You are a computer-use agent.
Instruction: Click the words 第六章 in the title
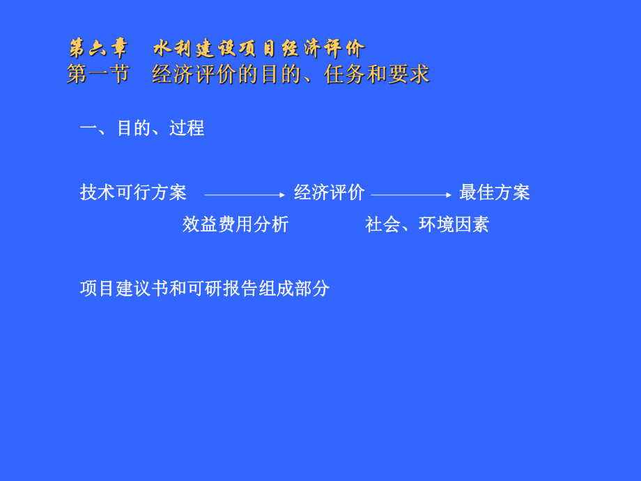[98, 49]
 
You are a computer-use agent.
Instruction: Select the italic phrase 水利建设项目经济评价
[258, 49]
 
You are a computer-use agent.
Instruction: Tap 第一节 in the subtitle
[98, 74]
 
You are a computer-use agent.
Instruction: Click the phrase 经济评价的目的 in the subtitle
[215, 74]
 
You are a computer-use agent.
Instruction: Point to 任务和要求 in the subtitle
[377, 74]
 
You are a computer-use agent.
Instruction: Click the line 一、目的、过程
[142, 128]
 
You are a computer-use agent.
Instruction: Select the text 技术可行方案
[133, 192]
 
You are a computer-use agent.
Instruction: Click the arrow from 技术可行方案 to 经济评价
[244, 195]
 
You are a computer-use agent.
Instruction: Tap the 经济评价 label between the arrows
[329, 192]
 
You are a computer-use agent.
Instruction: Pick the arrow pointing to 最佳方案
[411, 195]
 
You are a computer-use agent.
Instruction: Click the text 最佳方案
[495, 192]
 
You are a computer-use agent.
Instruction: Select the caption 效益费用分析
[235, 224]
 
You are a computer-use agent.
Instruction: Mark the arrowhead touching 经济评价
[282, 195]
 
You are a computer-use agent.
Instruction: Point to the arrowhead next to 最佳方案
[449, 195]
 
